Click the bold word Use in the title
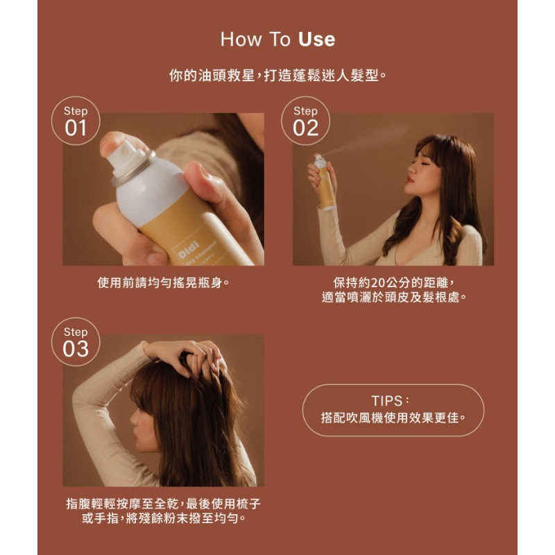pos(316,40)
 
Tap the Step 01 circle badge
pos(76,121)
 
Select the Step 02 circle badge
pos(305,121)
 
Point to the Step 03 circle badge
pos(76,341)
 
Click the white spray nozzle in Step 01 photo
pos(126,155)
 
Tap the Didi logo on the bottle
pos(189,250)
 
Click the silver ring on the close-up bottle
pos(133,169)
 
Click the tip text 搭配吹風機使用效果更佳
pos(393,418)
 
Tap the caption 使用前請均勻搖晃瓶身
pos(163,283)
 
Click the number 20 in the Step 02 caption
pos(377,283)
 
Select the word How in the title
pos(241,40)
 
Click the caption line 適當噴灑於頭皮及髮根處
pos(394,298)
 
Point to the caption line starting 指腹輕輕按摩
pos(163,504)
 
